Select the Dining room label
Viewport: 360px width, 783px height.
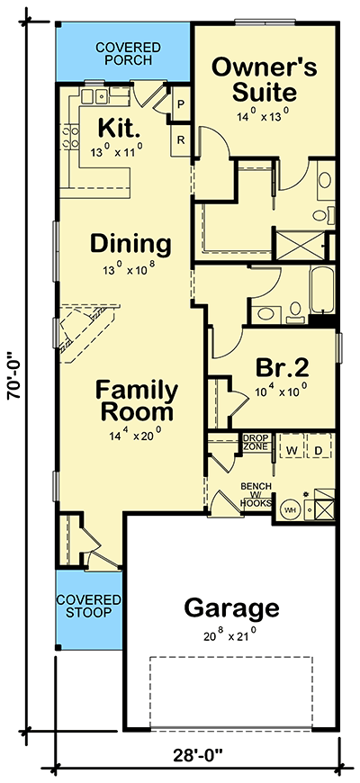click(x=130, y=243)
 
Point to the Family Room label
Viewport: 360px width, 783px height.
click(x=137, y=401)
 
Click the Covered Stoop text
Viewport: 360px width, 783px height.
click(x=88, y=606)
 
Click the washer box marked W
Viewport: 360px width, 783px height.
click(x=292, y=446)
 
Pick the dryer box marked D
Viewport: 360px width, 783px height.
click(x=318, y=446)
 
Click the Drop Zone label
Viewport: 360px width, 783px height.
click(x=256, y=442)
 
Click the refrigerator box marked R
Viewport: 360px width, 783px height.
click(x=181, y=139)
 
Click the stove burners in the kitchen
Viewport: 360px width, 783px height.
click(x=68, y=137)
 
